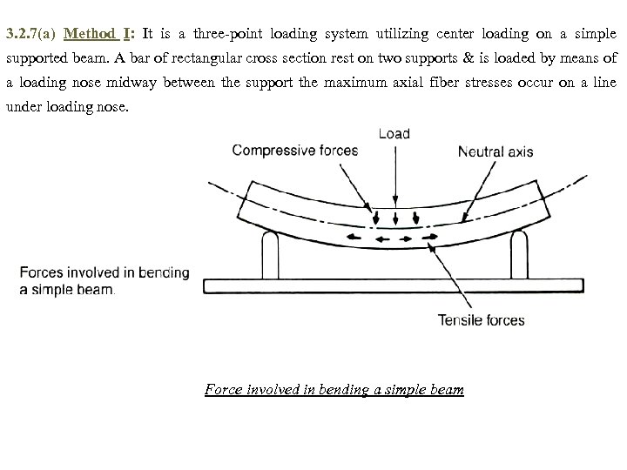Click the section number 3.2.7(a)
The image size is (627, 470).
(x=31, y=34)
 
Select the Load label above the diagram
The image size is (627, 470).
(x=394, y=133)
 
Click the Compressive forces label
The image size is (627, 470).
(x=295, y=151)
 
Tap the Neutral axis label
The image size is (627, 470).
(x=496, y=151)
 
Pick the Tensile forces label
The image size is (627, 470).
(x=482, y=319)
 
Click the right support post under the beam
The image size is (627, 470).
(x=520, y=255)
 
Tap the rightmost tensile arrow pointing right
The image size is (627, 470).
(x=429, y=236)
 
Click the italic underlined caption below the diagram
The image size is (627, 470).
(x=334, y=389)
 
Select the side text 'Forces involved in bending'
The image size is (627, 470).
(x=104, y=272)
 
